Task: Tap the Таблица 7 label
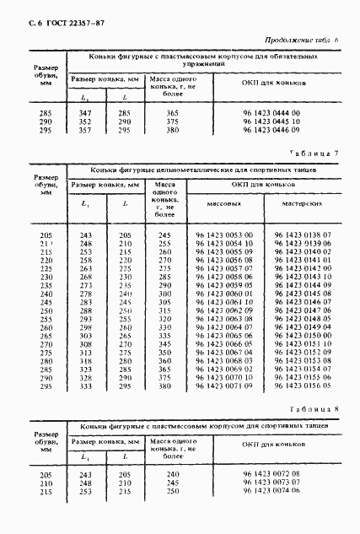tap(314, 153)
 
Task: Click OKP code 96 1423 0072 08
tap(272, 476)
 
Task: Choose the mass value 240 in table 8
tap(172, 476)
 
